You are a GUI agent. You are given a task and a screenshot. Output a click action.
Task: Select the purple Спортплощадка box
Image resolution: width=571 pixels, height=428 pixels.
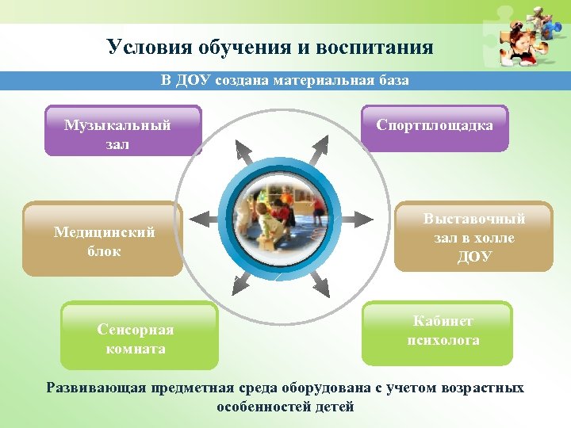click(435, 128)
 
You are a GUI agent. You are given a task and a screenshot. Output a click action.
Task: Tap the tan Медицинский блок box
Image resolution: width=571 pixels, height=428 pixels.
click(103, 239)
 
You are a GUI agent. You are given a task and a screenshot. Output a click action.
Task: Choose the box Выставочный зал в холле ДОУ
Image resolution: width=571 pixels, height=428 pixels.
click(473, 237)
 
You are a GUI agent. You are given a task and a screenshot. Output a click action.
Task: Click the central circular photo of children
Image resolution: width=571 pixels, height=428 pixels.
click(283, 213)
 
